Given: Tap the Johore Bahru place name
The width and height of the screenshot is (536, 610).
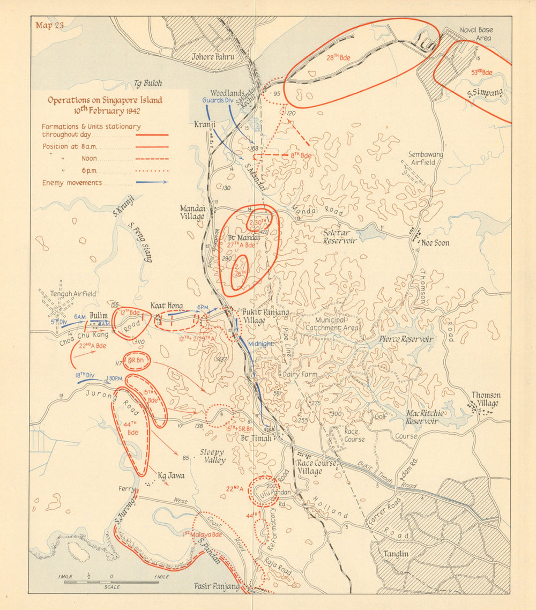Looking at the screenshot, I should [x=213, y=56].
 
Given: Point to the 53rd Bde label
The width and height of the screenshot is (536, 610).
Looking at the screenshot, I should [x=481, y=72].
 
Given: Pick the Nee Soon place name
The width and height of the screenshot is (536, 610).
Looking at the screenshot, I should [x=435, y=243].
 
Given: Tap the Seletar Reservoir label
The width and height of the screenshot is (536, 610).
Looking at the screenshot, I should [x=339, y=236].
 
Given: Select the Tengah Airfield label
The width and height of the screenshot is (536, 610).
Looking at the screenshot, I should [x=73, y=294].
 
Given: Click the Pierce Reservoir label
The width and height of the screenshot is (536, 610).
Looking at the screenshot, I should [x=406, y=339].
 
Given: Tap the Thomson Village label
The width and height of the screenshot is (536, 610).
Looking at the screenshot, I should [x=486, y=399].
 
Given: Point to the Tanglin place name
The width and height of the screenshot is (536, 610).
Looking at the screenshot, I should [x=397, y=554].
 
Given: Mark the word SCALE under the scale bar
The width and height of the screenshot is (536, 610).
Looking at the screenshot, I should [x=113, y=587].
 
